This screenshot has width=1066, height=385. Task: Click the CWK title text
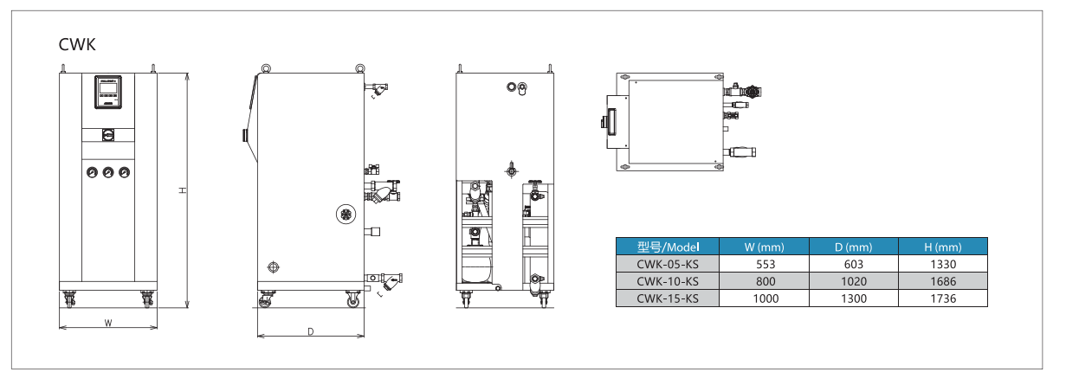pyautogui.click(x=77, y=44)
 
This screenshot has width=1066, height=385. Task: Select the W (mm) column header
pyautogui.click(x=764, y=247)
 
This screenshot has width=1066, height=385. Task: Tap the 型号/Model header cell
pyautogui.click(x=668, y=247)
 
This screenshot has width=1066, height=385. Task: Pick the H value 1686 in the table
pyautogui.click(x=943, y=281)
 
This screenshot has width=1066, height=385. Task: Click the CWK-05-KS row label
pyautogui.click(x=668, y=264)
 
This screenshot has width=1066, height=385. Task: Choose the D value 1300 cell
pyautogui.click(x=853, y=298)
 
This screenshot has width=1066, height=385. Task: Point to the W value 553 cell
pyautogui.click(x=764, y=264)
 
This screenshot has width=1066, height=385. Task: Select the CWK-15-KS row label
pyautogui.click(x=668, y=298)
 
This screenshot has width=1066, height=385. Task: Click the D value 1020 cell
pyautogui.click(x=853, y=281)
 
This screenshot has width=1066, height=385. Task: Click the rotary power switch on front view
pyautogui.click(x=108, y=135)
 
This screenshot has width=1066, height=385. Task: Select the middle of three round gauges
pyautogui.click(x=108, y=172)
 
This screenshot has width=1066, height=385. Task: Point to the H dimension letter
pyautogui.click(x=182, y=190)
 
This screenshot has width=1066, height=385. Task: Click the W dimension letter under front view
pyautogui.click(x=108, y=323)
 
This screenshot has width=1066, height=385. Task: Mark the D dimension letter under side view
pyautogui.click(x=310, y=331)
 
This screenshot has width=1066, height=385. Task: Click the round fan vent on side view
pyautogui.click(x=346, y=215)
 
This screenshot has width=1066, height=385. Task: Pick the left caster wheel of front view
pyautogui.click(x=69, y=299)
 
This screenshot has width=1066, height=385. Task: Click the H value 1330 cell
pyautogui.click(x=943, y=264)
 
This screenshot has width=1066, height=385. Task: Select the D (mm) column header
pyautogui.click(x=853, y=247)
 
